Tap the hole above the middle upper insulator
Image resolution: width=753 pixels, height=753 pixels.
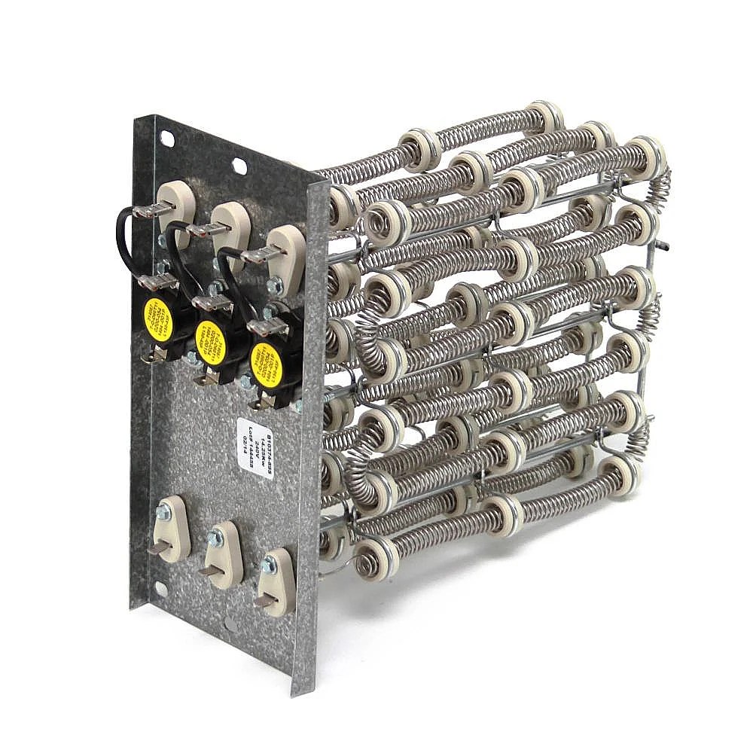[x=239, y=166]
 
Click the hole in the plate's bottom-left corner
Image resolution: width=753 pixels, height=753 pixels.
[x=160, y=590]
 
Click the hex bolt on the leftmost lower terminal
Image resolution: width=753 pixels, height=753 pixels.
[x=163, y=513]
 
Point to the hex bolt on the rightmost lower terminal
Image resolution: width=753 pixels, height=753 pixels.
[x=268, y=565]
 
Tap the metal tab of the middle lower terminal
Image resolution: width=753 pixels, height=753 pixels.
[x=208, y=570]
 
